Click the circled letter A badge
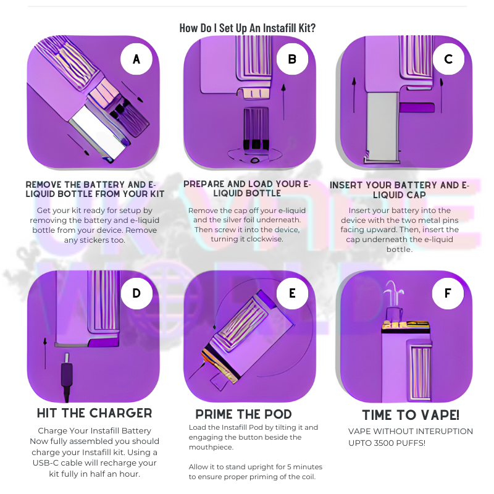pyautogui.click(x=136, y=59)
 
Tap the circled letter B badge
pyautogui.click(x=293, y=59)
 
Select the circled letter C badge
pyautogui.click(x=448, y=59)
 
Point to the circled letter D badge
pyautogui.click(x=136, y=293)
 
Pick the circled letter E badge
pyautogui.click(x=293, y=293)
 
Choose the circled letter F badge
pyautogui.click(x=448, y=293)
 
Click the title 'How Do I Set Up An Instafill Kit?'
pyautogui.click(x=247, y=28)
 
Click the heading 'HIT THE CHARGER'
pyautogui.click(x=94, y=413)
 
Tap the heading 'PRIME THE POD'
pyautogui.click(x=244, y=414)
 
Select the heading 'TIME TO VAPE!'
pyautogui.click(x=411, y=414)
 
